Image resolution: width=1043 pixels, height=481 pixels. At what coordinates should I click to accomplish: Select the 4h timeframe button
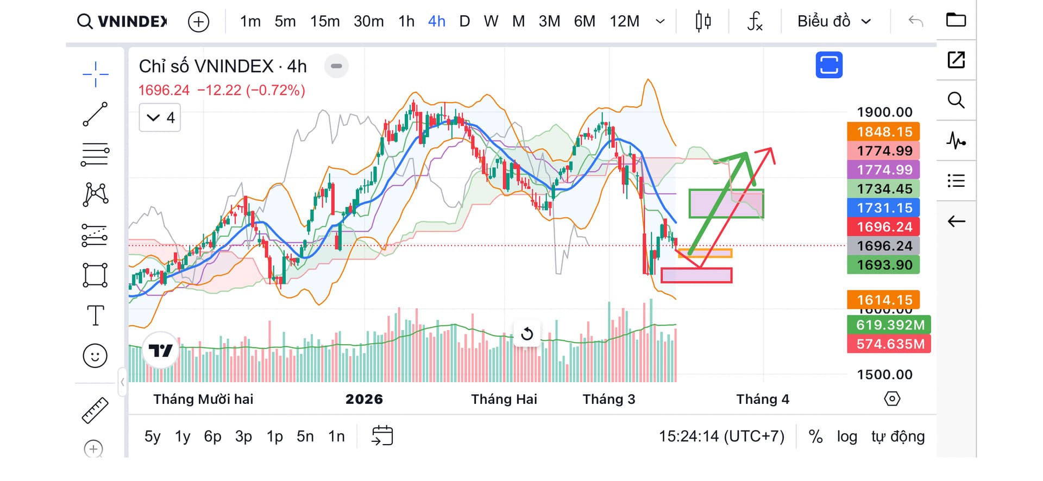(437, 21)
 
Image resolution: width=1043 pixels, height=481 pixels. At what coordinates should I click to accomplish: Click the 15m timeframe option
(325, 21)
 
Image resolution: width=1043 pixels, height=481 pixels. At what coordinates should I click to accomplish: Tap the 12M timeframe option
(624, 21)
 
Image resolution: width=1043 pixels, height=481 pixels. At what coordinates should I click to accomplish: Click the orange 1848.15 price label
(884, 132)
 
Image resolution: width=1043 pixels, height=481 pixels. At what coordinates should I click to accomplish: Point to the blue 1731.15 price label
(884, 208)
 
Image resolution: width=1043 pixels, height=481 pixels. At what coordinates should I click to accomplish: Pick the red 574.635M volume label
(889, 344)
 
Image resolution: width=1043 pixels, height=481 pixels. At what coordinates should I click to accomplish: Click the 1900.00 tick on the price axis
(884, 112)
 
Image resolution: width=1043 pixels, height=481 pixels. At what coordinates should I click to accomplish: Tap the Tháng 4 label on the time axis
(762, 400)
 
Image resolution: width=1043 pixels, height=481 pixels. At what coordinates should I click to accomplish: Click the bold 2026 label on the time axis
(364, 400)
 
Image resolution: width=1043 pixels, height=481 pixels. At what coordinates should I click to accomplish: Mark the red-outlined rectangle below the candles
(696, 275)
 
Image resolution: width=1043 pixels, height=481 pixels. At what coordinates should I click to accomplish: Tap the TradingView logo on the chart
(160, 351)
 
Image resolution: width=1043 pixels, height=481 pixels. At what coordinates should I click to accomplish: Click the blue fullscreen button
(829, 65)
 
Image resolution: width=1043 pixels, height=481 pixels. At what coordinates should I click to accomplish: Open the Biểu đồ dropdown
(834, 21)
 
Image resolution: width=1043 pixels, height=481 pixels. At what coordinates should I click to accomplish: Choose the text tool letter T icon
(95, 315)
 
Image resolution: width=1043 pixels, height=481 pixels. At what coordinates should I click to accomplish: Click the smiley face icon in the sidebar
(95, 356)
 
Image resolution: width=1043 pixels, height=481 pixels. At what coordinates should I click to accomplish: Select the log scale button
(846, 436)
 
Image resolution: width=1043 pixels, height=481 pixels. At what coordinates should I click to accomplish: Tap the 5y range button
(152, 436)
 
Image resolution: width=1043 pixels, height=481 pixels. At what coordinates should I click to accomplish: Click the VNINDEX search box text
(132, 21)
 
